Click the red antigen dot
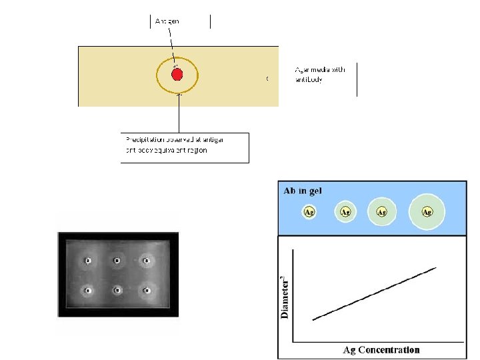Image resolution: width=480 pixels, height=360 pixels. [177, 74]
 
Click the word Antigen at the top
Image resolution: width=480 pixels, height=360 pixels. [167, 21]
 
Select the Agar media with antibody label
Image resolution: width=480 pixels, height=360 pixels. [320, 75]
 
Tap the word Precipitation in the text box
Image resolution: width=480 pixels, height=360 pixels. [144, 139]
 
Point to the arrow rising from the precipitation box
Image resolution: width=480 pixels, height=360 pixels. [179, 113]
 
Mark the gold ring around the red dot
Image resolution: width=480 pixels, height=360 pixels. [158, 75]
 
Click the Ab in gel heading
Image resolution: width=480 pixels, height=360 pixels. [303, 191]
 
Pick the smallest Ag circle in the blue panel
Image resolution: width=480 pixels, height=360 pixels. [309, 212]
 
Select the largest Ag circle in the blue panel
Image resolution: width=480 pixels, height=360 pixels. [427, 212]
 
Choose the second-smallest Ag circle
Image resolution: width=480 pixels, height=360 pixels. [345, 212]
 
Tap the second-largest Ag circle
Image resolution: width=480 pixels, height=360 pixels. [382, 212]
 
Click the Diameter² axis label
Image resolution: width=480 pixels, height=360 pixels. [285, 294]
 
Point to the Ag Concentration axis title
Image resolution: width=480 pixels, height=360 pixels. [381, 349]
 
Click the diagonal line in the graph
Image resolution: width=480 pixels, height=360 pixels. [373, 294]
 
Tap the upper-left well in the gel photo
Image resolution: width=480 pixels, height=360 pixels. [87, 260]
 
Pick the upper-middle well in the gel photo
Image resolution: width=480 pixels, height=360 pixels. [117, 260]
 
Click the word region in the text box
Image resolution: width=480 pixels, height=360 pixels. [197, 151]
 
